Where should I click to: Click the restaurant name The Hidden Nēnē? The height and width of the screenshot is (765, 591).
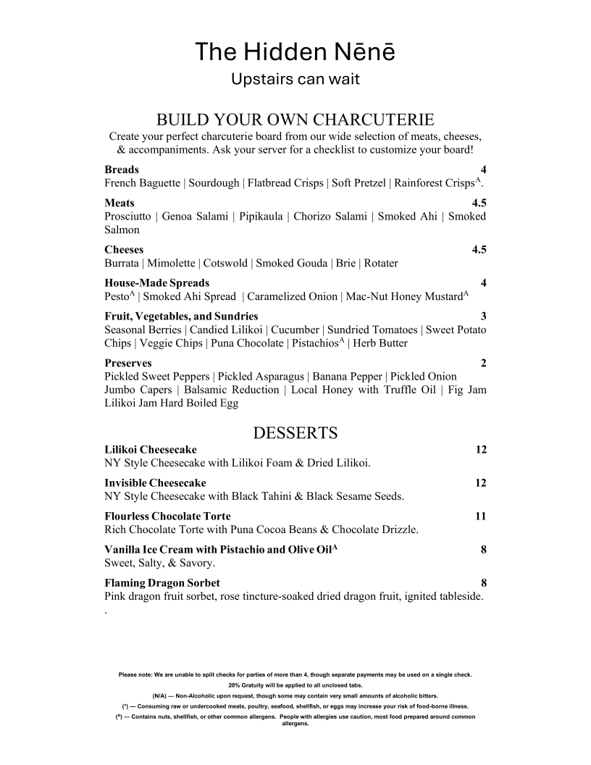click(x=295, y=52)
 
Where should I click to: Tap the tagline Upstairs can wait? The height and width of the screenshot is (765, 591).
click(x=295, y=79)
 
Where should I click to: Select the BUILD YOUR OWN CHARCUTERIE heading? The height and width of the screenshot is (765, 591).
click(x=295, y=119)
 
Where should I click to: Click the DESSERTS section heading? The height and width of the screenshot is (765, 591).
click(x=295, y=433)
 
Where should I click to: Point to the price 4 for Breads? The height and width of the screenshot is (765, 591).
click(x=483, y=170)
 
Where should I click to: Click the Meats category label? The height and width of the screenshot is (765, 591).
click(x=120, y=203)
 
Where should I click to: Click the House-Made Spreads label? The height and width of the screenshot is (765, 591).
click(x=156, y=283)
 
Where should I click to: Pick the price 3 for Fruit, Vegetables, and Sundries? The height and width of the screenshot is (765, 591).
click(x=483, y=316)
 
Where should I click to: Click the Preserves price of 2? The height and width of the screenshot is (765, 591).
click(x=483, y=362)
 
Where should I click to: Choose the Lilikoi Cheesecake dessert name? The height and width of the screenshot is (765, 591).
click(x=150, y=449)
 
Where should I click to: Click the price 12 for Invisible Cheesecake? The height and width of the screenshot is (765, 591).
click(x=481, y=482)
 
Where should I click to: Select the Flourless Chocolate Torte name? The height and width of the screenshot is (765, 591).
click(x=167, y=516)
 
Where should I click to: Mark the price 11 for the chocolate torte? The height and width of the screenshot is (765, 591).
click(x=481, y=516)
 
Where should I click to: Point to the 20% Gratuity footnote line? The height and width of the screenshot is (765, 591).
click(x=295, y=685)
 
